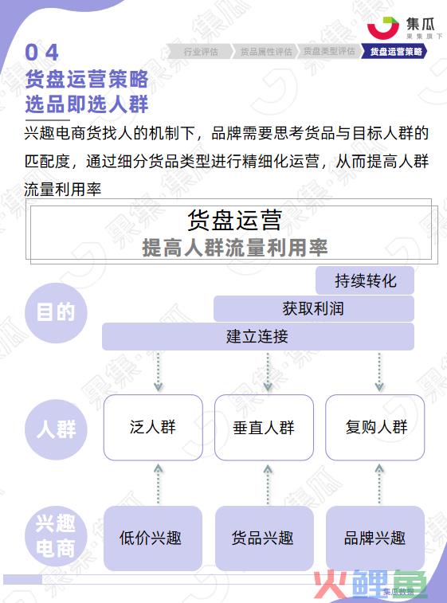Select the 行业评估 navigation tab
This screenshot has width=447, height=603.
coord(200,52)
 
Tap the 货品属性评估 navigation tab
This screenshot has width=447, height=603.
coord(266,52)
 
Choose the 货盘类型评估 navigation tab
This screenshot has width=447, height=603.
coord(329,52)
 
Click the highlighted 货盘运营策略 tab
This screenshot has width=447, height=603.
coord(394,52)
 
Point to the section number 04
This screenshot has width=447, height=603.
coord(41,53)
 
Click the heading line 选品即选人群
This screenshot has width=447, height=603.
coord(87,104)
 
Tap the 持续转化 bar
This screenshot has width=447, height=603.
coord(365,280)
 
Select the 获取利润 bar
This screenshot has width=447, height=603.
coord(313,308)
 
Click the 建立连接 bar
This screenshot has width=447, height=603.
coord(257,336)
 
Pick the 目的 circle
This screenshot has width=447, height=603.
coord(56,313)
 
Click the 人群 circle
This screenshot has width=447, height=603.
coord(56,429)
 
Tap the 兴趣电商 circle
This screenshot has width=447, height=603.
coord(56,536)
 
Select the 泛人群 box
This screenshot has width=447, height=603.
coord(153,427)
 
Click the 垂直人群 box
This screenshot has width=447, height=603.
coord(264,427)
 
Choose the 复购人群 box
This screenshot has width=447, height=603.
coord(375,427)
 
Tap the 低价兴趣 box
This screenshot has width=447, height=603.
coord(153,538)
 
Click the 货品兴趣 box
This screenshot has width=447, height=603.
coord(265,538)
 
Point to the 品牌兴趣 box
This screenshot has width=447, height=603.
coord(375,538)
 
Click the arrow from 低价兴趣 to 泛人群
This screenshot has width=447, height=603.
coord(158,484)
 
